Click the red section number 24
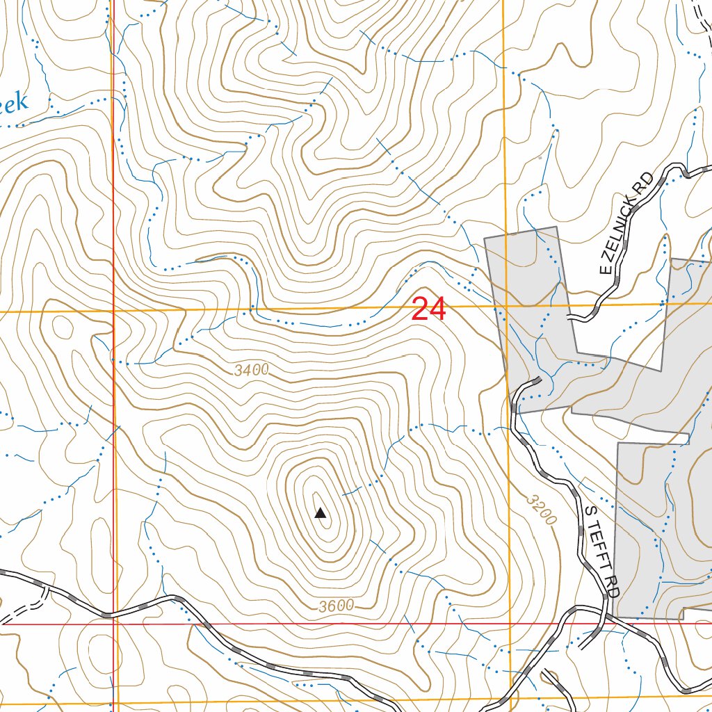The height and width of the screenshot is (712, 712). tap(428, 309)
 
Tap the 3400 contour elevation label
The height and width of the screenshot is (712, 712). tap(251, 371)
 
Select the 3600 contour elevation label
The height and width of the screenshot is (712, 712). tap(337, 606)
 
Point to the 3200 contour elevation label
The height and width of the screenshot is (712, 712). tap(542, 510)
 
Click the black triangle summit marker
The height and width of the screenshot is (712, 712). tap(321, 514)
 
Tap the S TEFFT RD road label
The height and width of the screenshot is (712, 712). tap(601, 550)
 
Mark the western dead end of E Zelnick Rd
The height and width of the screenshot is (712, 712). tap(569, 318)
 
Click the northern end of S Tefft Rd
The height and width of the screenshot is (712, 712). tap(539, 380)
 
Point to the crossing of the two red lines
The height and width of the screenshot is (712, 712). tap(113, 624)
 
